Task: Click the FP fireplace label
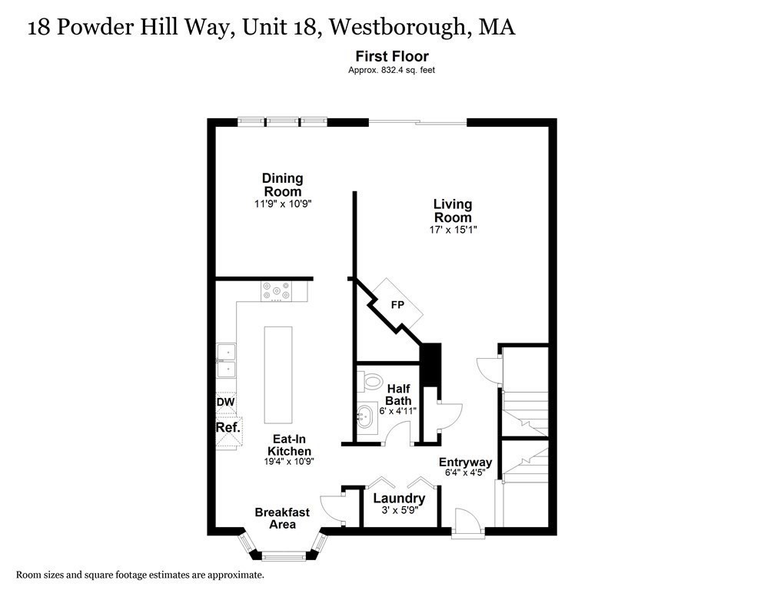pyautogui.click(x=397, y=305)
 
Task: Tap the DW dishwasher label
pyautogui.click(x=225, y=402)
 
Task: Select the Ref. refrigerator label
pyautogui.click(x=228, y=427)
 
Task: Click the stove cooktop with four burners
pyautogui.click(x=276, y=291)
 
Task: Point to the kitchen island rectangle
pyautogui.click(x=278, y=374)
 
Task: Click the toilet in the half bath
pyautogui.click(x=372, y=380)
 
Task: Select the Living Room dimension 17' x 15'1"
pyautogui.click(x=453, y=230)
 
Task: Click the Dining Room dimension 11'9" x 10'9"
pyautogui.click(x=282, y=204)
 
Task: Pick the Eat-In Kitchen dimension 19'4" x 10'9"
pyautogui.click(x=289, y=461)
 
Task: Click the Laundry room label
pyautogui.click(x=399, y=499)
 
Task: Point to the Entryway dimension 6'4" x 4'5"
pyautogui.click(x=465, y=472)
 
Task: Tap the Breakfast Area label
pyautogui.click(x=282, y=518)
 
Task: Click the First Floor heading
pyautogui.click(x=391, y=56)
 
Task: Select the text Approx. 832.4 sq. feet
pyautogui.click(x=392, y=70)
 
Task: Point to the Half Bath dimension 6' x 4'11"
pyautogui.click(x=399, y=411)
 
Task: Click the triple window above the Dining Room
pyautogui.click(x=282, y=121)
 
